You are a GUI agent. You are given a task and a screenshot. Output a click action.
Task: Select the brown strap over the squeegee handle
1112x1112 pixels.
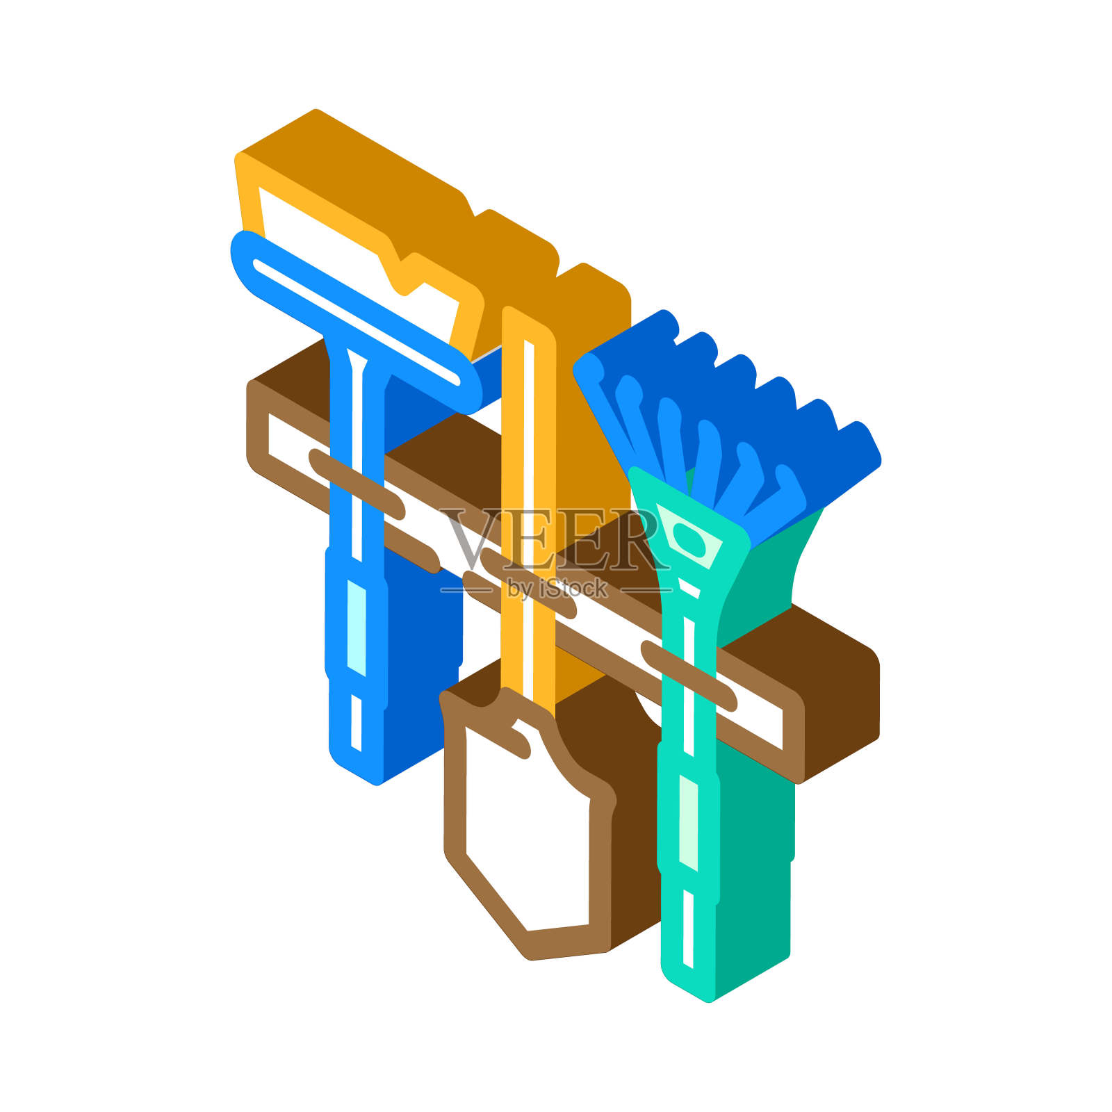click(357, 484)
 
